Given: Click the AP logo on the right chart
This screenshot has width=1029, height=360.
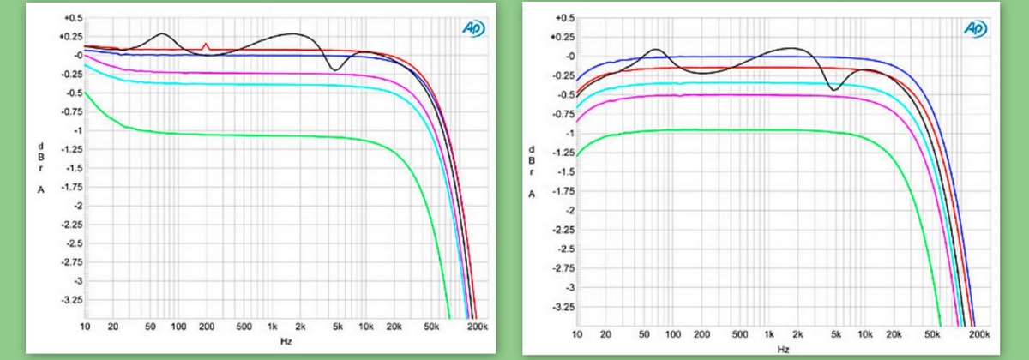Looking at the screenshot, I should point(976,27).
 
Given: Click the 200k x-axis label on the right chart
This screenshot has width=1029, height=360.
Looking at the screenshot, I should point(977,334).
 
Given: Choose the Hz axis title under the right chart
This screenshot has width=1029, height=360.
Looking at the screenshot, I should point(783,349).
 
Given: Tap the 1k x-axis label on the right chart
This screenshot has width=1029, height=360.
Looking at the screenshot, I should point(769,334).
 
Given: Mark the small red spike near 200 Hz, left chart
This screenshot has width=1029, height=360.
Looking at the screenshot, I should point(206,45).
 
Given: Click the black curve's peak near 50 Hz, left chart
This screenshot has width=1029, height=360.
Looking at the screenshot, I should point(160,33).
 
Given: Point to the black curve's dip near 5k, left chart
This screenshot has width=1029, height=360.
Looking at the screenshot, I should point(335,69).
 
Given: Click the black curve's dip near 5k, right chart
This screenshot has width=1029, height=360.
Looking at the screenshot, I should point(833,89).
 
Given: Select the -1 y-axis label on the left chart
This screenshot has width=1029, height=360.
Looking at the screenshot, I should point(75,131).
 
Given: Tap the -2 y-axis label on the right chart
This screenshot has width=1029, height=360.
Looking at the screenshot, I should point(566,210).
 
